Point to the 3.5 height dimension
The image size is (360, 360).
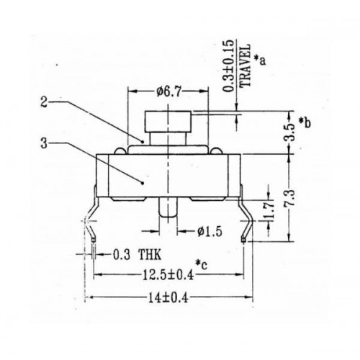click(x=288, y=134)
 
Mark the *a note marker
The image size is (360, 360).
click(x=260, y=60)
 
